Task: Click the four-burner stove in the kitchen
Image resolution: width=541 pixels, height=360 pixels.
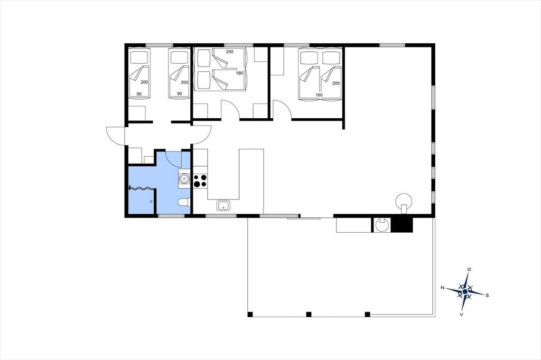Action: [x=200, y=181]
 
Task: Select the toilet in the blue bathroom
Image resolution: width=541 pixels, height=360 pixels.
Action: [x=184, y=202]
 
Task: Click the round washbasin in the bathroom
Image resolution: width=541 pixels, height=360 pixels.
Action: [x=184, y=178]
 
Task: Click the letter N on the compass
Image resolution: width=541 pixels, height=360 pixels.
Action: [x=442, y=287]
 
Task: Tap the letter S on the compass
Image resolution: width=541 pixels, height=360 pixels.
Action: [x=487, y=295]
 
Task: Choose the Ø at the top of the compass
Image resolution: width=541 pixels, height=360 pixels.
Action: [x=469, y=269]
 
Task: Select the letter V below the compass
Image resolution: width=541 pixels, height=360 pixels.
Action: [x=461, y=314]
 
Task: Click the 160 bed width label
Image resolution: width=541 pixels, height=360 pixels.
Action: [x=319, y=95]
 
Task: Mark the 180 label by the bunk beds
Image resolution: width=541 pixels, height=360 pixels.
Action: [x=239, y=73]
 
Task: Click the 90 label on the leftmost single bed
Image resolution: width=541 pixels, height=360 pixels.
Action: [x=139, y=94]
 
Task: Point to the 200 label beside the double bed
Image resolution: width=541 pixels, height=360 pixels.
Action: [x=336, y=83]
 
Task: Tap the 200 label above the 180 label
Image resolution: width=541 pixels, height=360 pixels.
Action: [x=229, y=52]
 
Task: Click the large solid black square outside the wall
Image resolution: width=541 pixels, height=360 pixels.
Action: [x=404, y=225]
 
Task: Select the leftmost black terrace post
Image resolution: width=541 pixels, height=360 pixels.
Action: [x=250, y=314]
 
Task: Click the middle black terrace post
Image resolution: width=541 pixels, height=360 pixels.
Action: [x=309, y=314]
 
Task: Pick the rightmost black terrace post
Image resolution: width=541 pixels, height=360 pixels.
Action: [x=368, y=314]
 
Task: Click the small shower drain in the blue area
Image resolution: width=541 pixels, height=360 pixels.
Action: [x=151, y=201]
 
